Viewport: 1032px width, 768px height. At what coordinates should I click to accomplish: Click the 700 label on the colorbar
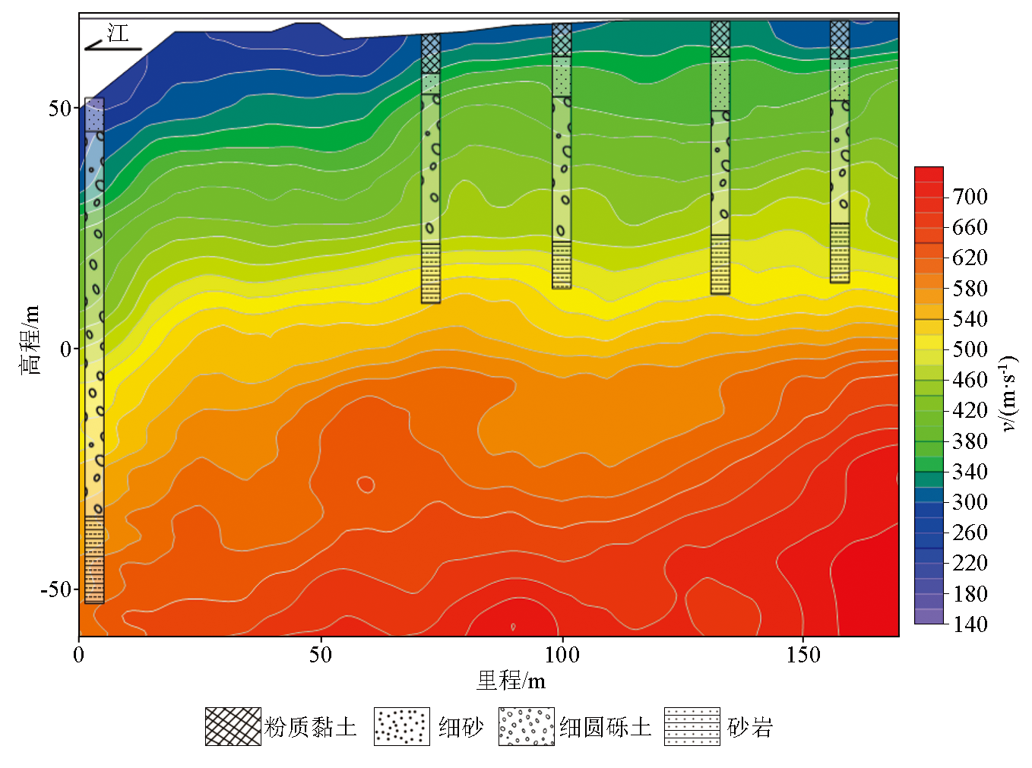(970, 197)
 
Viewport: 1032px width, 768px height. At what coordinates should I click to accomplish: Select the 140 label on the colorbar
(970, 624)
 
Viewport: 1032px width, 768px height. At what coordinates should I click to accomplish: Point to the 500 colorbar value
(970, 349)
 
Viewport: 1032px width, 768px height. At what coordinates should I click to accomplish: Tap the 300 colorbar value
(970, 502)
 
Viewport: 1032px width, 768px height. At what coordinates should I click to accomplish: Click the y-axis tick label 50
(59, 108)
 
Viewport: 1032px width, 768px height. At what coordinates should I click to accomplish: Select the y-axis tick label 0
(65, 349)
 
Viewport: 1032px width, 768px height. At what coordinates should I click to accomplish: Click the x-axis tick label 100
(562, 655)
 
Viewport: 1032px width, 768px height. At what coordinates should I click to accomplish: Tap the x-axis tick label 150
(803, 655)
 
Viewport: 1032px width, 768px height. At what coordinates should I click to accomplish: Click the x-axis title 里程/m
(511, 681)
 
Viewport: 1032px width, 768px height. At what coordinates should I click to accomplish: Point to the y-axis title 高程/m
(29, 340)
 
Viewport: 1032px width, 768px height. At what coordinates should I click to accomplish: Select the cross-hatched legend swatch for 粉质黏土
(233, 727)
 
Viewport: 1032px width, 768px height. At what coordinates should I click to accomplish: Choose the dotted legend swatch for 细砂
(401, 727)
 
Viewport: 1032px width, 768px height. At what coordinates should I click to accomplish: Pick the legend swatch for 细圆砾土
(526, 727)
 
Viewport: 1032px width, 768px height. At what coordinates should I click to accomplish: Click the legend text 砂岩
(750, 728)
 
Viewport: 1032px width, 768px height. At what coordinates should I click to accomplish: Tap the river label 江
(118, 33)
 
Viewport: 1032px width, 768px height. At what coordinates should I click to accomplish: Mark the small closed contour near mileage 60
(366, 484)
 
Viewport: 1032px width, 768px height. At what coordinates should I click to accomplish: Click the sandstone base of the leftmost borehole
(94, 560)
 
